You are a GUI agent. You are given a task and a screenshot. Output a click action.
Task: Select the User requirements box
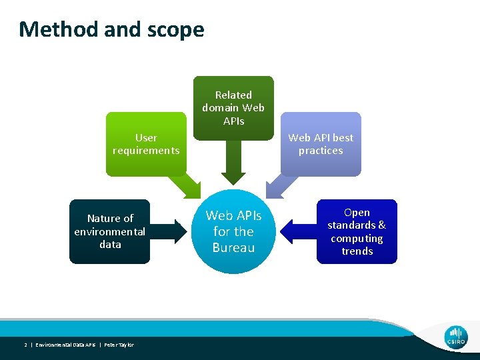pos(146,144)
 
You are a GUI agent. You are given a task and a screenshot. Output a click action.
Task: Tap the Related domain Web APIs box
pos(233,107)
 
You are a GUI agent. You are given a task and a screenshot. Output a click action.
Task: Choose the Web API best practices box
pos(321,144)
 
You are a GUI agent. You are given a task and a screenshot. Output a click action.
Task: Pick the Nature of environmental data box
pos(110,231)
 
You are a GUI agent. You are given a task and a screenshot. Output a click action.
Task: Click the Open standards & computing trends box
pos(357,231)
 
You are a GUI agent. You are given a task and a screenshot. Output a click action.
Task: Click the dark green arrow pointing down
pos(233,163)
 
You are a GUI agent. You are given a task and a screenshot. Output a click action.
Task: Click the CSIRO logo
pos(456,337)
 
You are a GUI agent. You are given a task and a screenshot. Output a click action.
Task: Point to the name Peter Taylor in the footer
pos(118,345)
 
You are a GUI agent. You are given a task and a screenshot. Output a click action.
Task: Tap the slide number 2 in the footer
pos(25,345)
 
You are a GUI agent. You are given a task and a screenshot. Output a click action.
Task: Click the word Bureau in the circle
pos(233,248)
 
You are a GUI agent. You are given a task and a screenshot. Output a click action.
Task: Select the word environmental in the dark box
pos(110,231)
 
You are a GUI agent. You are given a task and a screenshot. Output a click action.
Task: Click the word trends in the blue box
pos(357,251)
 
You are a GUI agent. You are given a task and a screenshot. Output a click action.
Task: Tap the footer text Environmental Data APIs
pos(65,345)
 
